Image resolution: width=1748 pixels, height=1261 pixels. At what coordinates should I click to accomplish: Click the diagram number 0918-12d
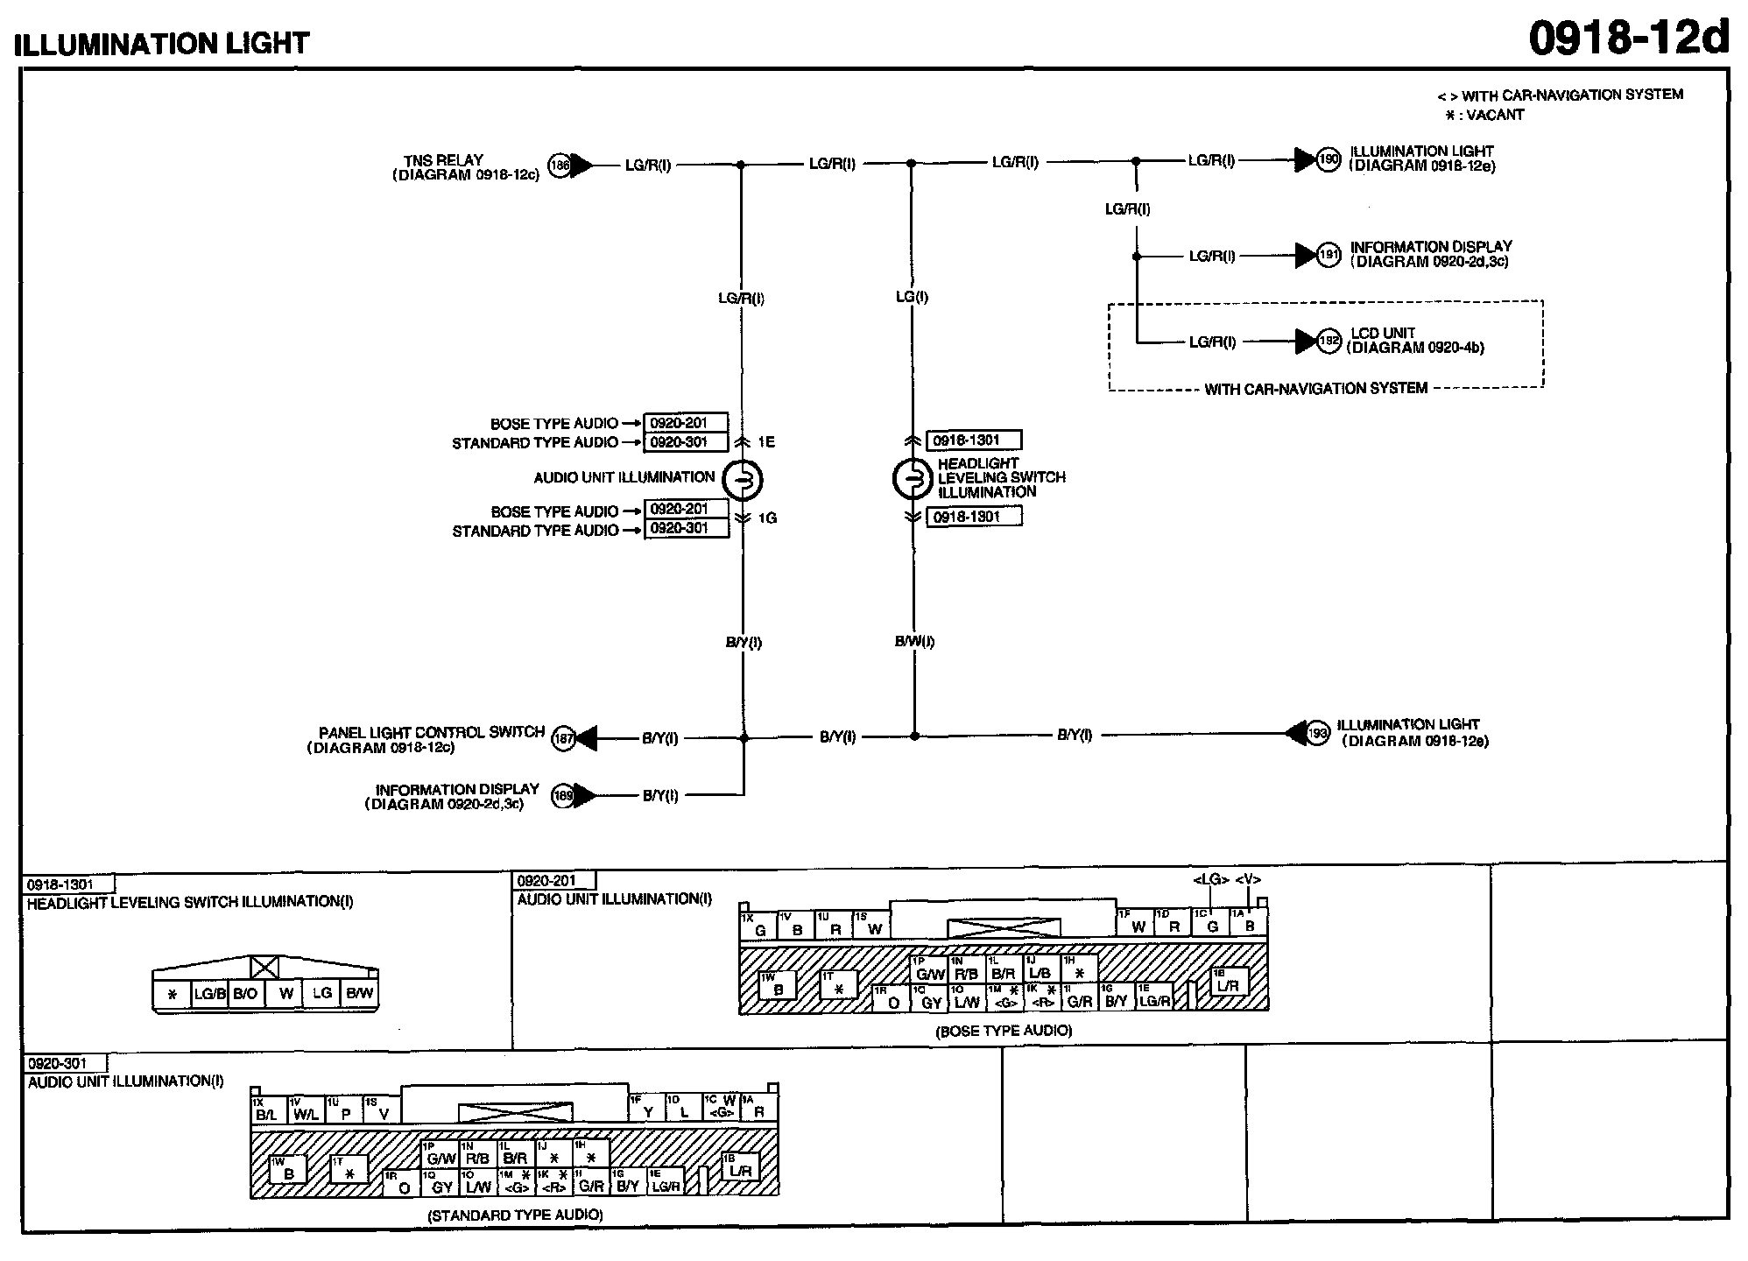(1629, 38)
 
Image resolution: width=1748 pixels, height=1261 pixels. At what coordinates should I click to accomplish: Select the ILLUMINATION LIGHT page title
(163, 43)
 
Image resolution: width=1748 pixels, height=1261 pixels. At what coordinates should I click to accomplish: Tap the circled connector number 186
(559, 165)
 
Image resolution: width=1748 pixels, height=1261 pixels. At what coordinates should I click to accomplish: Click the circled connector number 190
(1329, 159)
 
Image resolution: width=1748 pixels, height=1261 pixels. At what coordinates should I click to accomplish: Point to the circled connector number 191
(1329, 255)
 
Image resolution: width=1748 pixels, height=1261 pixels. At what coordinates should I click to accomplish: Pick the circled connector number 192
(1329, 341)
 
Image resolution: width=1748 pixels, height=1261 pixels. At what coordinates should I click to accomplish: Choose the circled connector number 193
(1318, 732)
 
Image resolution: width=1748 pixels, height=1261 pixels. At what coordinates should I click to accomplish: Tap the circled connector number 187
(563, 738)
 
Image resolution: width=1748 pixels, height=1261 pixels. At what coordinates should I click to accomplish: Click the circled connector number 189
(562, 795)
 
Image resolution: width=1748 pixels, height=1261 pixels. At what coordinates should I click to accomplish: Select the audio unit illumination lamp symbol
(743, 479)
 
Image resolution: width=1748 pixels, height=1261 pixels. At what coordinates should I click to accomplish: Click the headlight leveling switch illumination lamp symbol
(912, 479)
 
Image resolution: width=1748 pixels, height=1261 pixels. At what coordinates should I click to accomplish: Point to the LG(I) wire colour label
(912, 297)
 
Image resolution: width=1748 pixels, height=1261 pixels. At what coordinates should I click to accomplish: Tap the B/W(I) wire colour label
(914, 641)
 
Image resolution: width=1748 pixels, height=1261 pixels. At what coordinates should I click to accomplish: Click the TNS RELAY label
(443, 160)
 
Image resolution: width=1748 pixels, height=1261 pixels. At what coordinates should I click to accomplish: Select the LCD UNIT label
(1383, 333)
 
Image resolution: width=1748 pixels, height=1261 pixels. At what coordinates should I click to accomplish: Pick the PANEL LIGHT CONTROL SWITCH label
(432, 732)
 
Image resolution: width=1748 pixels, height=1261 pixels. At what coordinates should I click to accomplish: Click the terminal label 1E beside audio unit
(766, 442)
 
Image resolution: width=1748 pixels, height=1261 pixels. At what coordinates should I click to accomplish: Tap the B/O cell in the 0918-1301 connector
(245, 994)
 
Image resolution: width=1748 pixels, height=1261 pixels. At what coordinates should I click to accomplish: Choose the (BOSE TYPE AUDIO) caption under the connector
(1004, 1031)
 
